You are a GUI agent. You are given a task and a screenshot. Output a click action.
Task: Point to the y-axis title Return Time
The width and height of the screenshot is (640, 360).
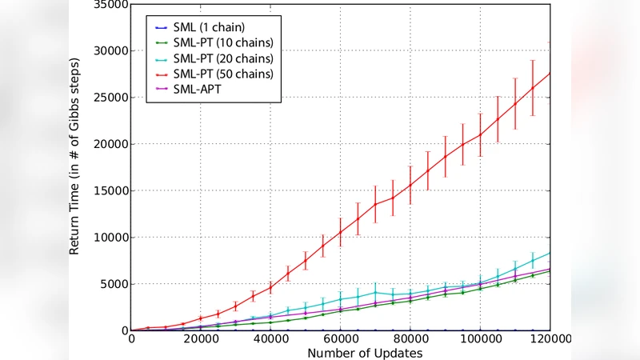coord(74,156)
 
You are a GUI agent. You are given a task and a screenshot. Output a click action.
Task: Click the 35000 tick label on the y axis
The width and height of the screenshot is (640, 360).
coord(107,5)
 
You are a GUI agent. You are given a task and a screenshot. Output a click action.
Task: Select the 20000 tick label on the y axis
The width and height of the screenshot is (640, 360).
coord(107,144)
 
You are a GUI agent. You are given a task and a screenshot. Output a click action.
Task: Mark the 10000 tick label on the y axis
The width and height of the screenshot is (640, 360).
coord(107,238)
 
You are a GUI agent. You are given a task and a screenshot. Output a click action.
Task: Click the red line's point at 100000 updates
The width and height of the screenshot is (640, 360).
coord(480,134)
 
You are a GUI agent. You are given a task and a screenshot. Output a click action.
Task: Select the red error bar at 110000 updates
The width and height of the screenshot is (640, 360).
coord(515,103)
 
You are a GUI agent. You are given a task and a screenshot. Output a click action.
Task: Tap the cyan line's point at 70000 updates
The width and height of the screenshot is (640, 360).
coord(375,293)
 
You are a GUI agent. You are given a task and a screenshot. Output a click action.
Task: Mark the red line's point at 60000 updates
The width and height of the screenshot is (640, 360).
coord(341,232)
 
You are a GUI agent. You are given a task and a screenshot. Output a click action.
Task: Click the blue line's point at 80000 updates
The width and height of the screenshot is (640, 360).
coord(410,330)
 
